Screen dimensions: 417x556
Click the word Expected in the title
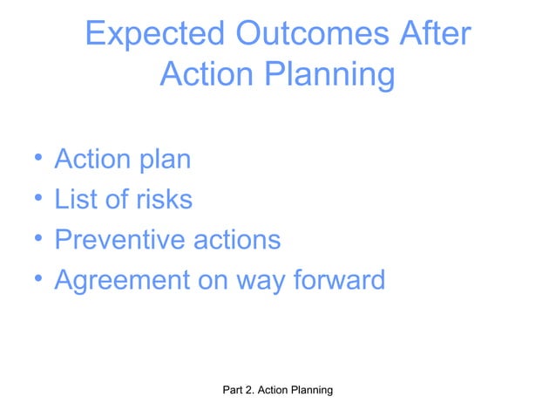(x=154, y=36)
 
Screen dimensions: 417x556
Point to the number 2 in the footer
(x=254, y=392)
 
